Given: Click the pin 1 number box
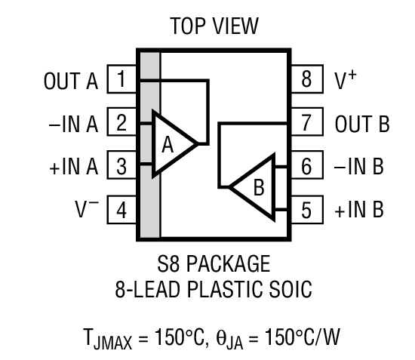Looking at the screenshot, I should coord(122,79).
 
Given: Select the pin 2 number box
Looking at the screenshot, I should coord(122,122).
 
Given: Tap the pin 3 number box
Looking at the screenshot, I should coord(122,166).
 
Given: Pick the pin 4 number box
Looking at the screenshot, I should coord(122,209).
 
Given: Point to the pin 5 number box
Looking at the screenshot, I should coord(306,209).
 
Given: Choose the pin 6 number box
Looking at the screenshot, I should coord(306,166).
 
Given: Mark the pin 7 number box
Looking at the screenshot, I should coord(306,122).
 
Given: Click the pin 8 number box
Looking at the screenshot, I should coord(306,79).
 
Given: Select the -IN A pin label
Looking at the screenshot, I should coord(73,123).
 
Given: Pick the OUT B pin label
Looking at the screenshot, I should coord(361,123).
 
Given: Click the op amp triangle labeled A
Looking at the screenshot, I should coord(171,144).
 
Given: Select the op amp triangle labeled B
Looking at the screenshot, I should coord(254,186).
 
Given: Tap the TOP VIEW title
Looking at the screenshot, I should coord(214,27).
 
